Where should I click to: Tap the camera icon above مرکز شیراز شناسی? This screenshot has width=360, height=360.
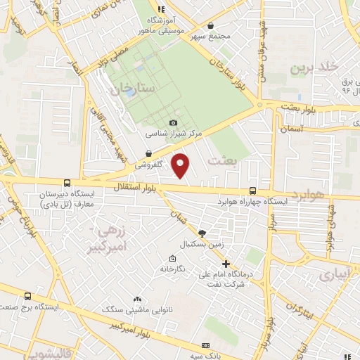click(x=174, y=123)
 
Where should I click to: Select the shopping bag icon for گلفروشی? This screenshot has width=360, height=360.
click(x=149, y=153)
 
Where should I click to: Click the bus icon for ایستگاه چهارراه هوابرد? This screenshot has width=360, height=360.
click(x=253, y=191)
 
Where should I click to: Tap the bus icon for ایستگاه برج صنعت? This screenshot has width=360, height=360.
click(x=27, y=297)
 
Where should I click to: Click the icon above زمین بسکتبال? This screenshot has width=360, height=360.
click(x=202, y=233)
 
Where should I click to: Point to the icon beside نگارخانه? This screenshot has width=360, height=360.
click(x=173, y=258)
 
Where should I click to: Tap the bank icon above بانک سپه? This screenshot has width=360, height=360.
click(x=205, y=346)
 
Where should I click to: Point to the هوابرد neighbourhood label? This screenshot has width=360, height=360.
click(x=309, y=194)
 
